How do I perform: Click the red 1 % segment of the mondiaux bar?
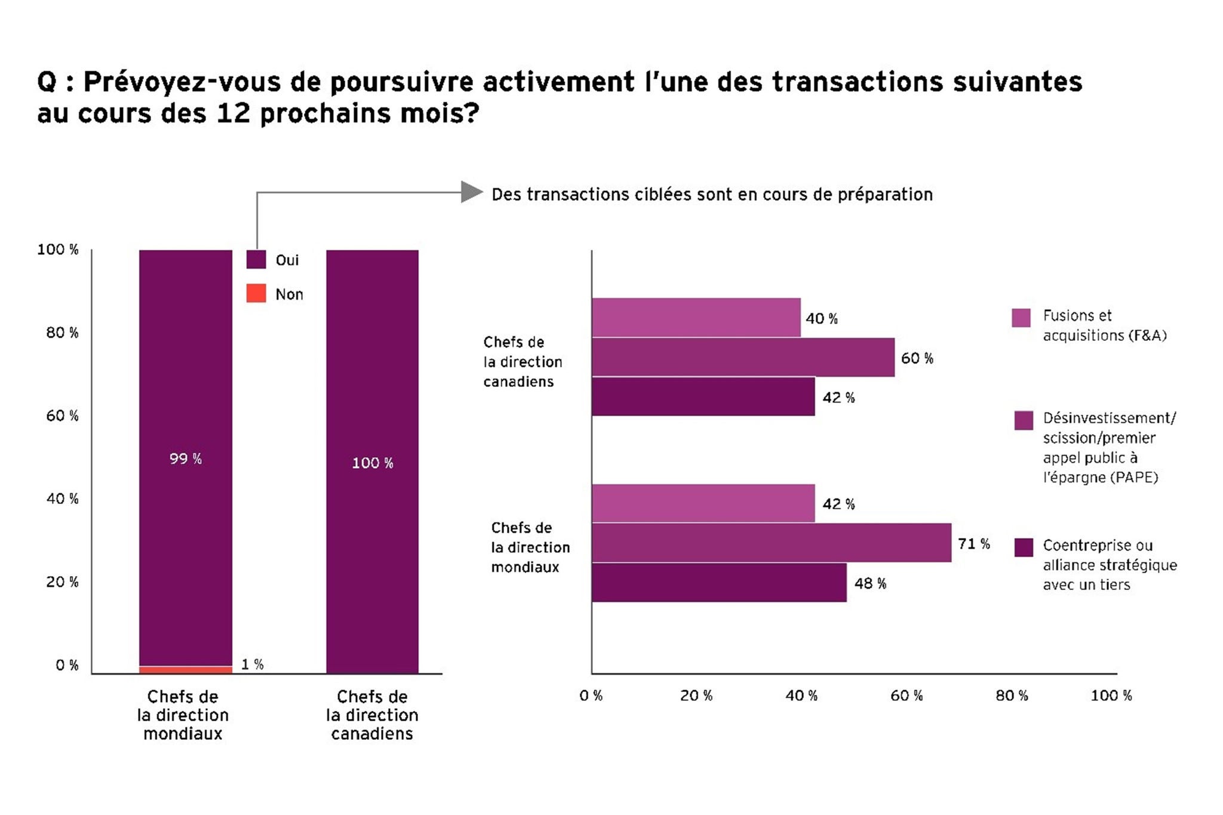coord(186,669)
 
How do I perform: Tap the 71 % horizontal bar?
coord(771,543)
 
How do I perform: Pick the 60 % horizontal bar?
coord(743,357)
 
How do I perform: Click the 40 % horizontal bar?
coord(696,318)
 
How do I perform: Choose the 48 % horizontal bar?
coord(719,583)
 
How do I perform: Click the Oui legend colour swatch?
coord(256,260)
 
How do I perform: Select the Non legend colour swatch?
coord(256,293)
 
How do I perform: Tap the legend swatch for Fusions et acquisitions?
coord(1021,318)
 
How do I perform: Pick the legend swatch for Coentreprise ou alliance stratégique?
coord(1024,547)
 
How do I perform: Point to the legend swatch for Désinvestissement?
coord(1024,420)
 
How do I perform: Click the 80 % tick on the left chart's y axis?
coord(62,333)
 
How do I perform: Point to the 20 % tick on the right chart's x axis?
coord(696,696)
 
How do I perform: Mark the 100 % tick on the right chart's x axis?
coord(1111,696)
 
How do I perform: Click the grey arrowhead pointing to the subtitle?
coord(472,192)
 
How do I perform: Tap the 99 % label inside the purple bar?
coord(186,459)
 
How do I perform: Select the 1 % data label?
coord(252,664)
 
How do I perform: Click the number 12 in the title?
coord(233,113)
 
